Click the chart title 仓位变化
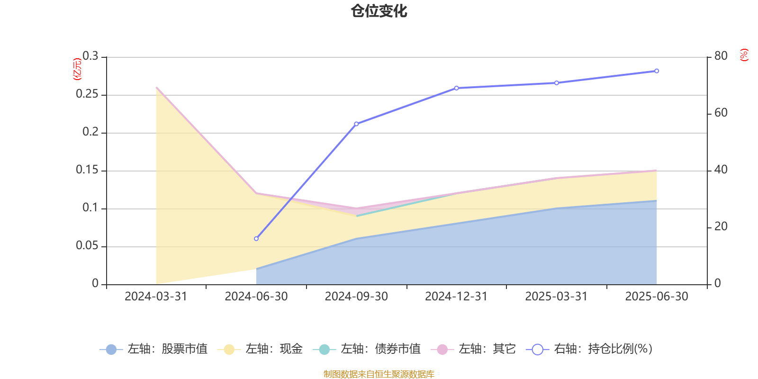coord(379,11)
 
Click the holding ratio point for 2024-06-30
coord(256,239)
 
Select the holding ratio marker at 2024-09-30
coord(356,124)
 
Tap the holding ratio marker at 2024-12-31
coord(457,88)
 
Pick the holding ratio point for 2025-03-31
coord(557,83)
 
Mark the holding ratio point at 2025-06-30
coord(657,71)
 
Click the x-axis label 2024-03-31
coord(156,297)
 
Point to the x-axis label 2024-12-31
coord(456,297)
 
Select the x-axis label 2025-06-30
coord(657,297)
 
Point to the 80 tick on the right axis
coord(721,56)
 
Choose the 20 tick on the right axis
coord(721,227)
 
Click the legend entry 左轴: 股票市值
coord(153,349)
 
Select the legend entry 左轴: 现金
coord(260,349)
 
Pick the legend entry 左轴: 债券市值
coord(367,349)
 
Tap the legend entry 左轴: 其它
coord(473,349)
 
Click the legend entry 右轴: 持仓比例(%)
coord(589,349)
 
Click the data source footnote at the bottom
coord(379,374)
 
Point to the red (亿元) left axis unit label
coord(77,69)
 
